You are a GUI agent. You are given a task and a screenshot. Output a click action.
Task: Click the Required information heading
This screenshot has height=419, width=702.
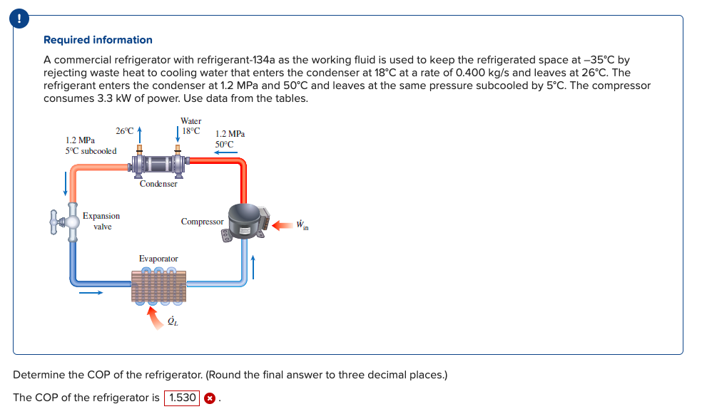click(98, 40)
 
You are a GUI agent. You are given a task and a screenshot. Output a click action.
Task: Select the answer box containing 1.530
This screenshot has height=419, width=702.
click(182, 398)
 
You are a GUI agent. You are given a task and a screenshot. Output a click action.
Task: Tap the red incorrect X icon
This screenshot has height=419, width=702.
click(210, 398)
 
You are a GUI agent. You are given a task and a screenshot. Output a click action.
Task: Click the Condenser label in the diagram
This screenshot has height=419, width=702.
click(158, 184)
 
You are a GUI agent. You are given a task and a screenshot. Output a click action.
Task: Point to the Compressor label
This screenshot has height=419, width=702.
click(202, 222)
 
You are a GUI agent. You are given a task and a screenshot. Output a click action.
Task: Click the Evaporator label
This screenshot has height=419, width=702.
click(158, 258)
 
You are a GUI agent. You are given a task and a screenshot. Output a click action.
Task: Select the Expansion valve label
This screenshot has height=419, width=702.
click(101, 221)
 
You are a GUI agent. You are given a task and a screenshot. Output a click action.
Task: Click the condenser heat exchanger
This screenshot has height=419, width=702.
click(158, 165)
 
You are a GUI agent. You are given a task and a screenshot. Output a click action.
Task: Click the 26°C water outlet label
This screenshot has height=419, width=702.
click(124, 131)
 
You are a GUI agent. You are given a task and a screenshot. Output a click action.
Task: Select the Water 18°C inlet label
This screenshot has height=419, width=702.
click(190, 126)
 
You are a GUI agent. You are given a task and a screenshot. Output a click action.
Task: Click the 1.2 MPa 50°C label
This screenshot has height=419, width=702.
click(229, 139)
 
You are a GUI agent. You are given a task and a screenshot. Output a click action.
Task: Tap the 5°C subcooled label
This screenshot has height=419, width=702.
click(91, 150)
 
